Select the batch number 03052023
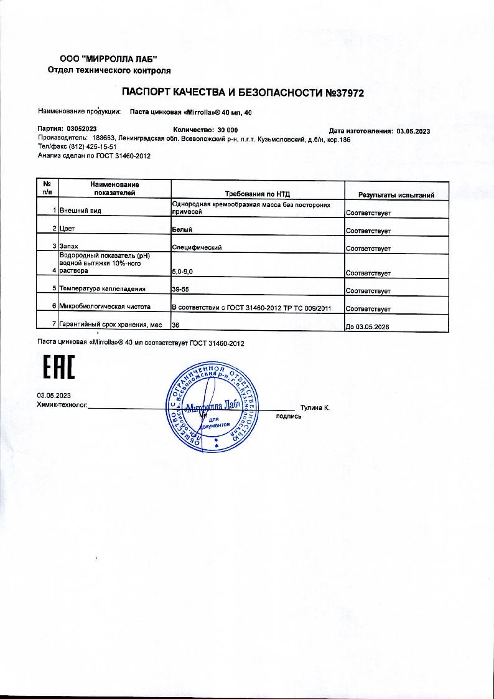point(81,129)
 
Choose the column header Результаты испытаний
point(396,195)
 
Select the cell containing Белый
point(181,230)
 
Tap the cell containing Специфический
point(197,248)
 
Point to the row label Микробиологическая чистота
point(105,307)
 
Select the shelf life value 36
point(175,325)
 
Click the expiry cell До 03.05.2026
point(370,326)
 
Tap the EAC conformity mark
point(58,368)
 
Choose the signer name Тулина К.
point(315,407)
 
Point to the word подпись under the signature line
point(289,416)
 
